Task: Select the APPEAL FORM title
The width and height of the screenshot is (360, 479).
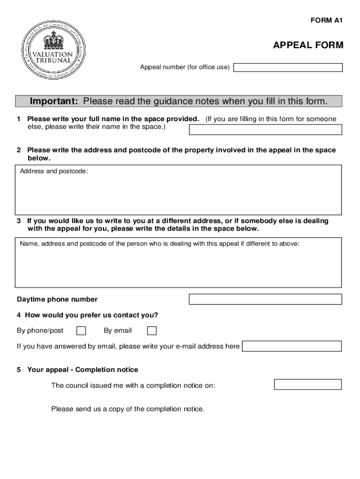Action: pos(308,45)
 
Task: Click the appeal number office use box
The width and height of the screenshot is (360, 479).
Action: pos(288,67)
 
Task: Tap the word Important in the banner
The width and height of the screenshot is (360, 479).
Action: pos(54,102)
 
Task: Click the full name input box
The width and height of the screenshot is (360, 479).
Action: pos(265,129)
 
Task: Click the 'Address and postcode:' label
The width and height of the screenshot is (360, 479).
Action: pos(54,171)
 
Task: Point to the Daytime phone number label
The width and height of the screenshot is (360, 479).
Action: pos(57,299)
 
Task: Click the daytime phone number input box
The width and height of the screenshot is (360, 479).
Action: pos(265,299)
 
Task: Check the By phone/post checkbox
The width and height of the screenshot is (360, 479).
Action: pos(81,331)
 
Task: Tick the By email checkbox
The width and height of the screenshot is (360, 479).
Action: pos(152,331)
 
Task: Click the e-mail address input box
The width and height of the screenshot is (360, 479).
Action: pos(292,346)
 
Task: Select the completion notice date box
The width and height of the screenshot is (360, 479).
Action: pos(308,385)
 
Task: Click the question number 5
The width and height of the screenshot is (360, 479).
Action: pos(19,370)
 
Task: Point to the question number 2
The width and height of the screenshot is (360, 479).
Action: pos(19,150)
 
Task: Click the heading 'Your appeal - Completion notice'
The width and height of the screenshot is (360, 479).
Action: pos(83,370)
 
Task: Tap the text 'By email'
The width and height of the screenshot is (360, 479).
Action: pos(118,331)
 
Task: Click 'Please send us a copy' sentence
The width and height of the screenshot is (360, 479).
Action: pos(128,409)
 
